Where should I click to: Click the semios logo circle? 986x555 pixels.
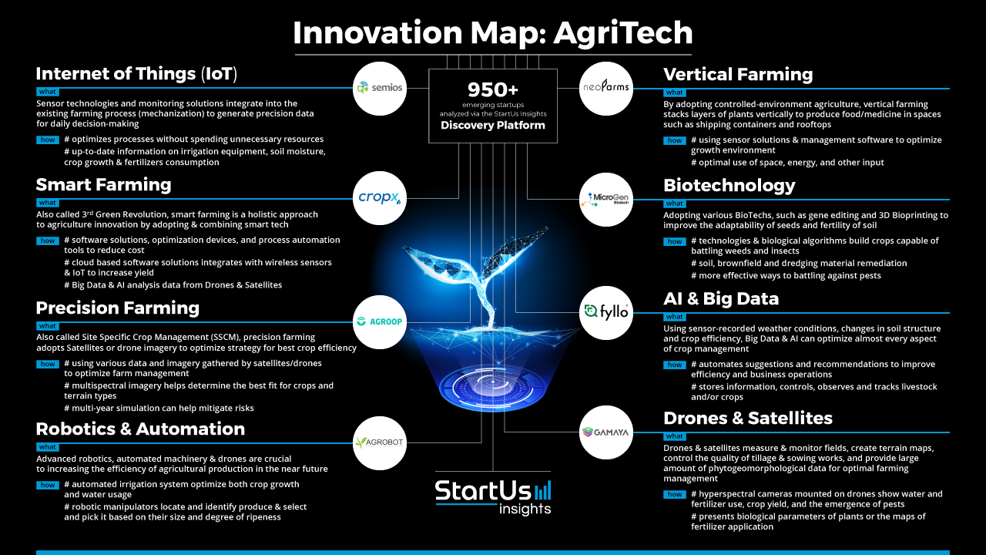coord(380,89)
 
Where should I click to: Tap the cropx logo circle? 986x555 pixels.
coord(380,198)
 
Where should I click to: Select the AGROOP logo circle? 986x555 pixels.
coord(380,322)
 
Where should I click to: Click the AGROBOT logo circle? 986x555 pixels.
coord(380,442)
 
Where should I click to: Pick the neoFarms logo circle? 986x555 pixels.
coord(606,89)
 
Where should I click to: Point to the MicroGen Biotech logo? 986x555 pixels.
coord(606,200)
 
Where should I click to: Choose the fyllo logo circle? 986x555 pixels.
coord(606,313)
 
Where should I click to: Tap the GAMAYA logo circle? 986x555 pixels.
coord(606,432)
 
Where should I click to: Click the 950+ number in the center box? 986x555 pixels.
coord(493,90)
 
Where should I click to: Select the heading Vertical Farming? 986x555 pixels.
coord(738,75)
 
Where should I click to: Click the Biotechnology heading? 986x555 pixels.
coord(729,186)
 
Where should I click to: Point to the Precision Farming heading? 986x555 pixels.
coord(118,308)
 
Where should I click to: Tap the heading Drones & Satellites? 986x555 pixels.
coord(748,418)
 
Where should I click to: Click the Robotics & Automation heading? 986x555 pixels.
coord(140,429)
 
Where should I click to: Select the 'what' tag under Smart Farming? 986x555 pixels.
coord(48,203)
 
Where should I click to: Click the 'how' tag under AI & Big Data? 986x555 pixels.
coord(674,365)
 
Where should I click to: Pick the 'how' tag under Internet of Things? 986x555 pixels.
coord(48,140)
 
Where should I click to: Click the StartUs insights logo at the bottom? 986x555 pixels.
coord(493,497)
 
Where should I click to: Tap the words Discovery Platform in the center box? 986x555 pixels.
coord(493,125)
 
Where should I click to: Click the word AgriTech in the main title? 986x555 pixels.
coord(623,33)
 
